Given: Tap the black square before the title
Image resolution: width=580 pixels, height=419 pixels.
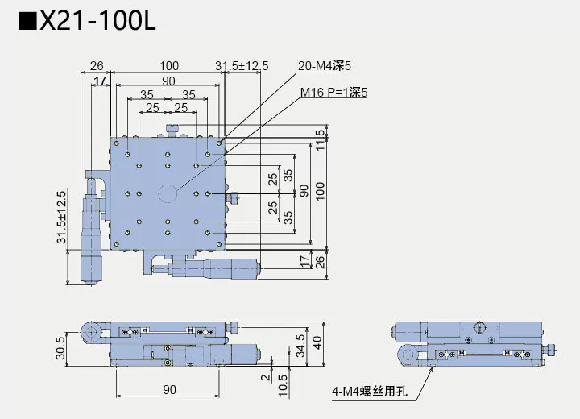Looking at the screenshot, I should pyautogui.click(x=27, y=22).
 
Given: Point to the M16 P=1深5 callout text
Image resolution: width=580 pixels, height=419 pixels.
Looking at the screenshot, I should pyautogui.click(x=333, y=93).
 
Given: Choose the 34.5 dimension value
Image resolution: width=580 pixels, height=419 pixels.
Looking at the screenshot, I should pyautogui.click(x=300, y=344).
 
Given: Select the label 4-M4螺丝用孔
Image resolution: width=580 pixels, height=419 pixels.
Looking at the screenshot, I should pyautogui.click(x=370, y=392).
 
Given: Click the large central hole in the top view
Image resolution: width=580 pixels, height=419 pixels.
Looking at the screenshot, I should pyautogui.click(x=168, y=193).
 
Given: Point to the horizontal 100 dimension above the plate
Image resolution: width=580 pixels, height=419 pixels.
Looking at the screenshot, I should pyautogui.click(x=168, y=65).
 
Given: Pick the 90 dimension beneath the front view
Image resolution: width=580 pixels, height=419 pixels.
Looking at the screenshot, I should pyautogui.click(x=168, y=389).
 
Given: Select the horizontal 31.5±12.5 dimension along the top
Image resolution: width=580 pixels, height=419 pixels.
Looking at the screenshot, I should pyautogui.click(x=241, y=65).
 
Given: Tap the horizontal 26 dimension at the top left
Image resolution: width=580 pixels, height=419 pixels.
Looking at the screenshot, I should pyautogui.click(x=97, y=65).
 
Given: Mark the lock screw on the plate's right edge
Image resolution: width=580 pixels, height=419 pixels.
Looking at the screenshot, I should pyautogui.click(x=234, y=195).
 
